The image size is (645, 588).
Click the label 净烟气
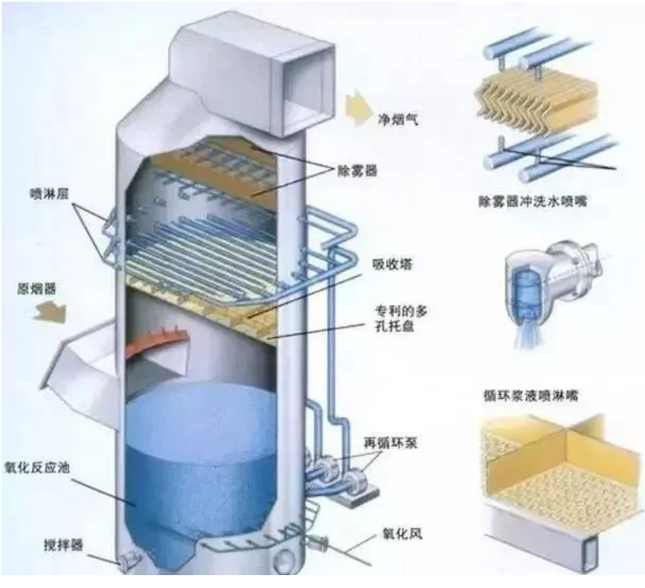pyautogui.click(x=398, y=121)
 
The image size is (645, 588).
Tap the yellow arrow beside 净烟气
pyautogui.click(x=359, y=107)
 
